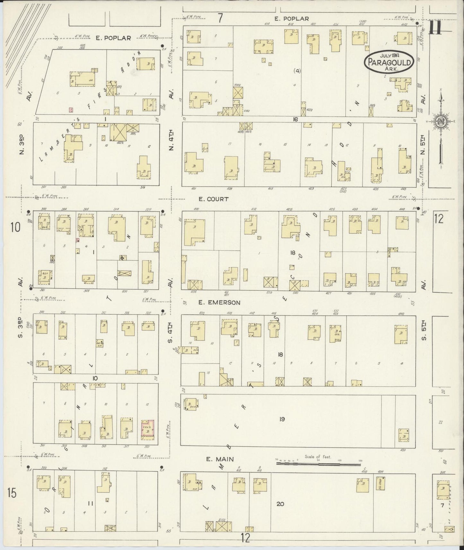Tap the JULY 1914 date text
[389, 55]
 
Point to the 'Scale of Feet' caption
[318, 457]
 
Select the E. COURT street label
[213, 199]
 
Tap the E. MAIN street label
[220, 460]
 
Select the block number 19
[282, 419]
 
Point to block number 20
[280, 504]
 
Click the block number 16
[295, 119]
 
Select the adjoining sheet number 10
[15, 228]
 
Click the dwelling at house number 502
[443, 490]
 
